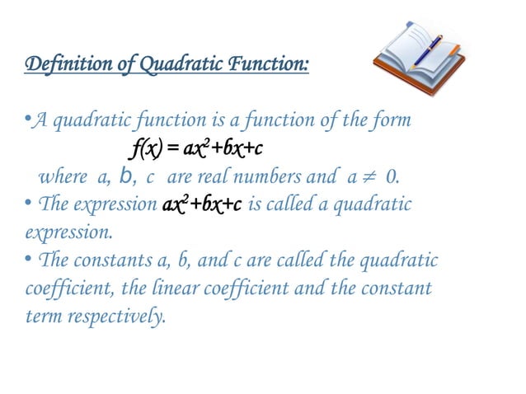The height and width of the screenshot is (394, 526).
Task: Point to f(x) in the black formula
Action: click(x=148, y=149)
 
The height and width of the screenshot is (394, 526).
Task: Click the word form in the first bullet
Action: click(x=391, y=122)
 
